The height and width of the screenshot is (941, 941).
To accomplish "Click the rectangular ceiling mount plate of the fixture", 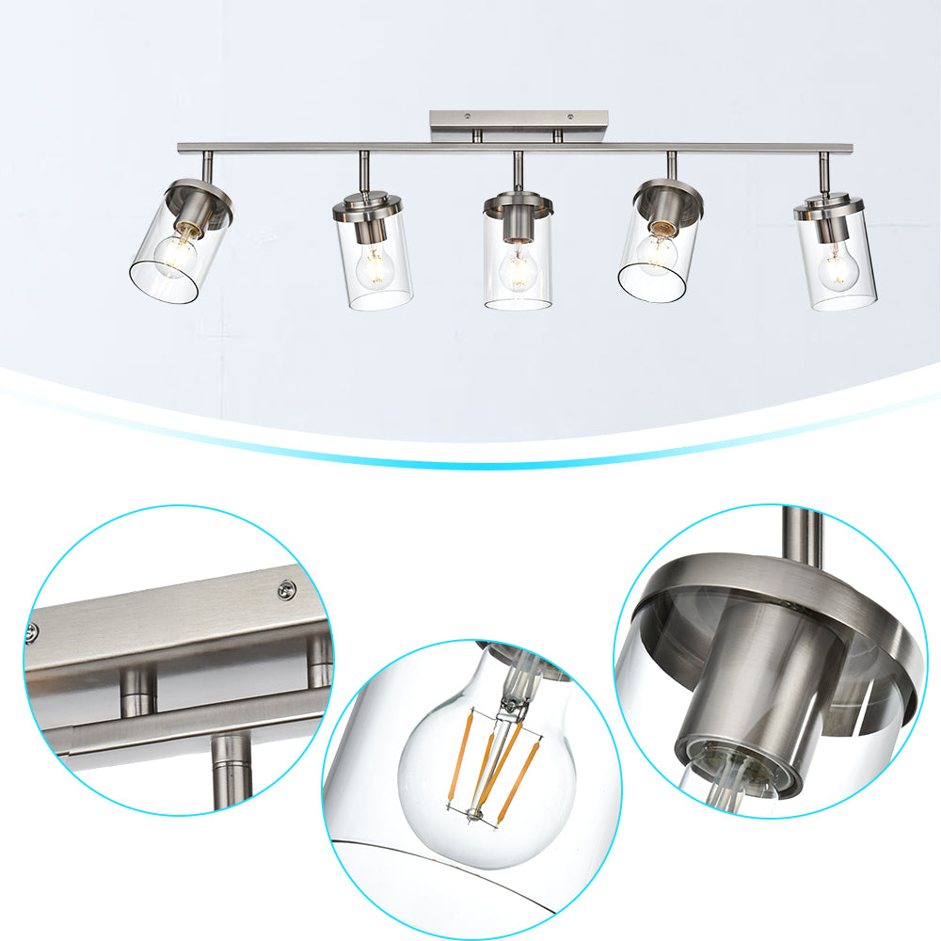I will (x=518, y=121).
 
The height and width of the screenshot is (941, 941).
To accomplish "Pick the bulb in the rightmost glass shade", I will (x=837, y=268).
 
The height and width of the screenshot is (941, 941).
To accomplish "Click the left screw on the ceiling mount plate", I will (x=467, y=117).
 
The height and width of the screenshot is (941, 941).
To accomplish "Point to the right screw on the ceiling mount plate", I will (x=570, y=117).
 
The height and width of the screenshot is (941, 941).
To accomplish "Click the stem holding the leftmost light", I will (x=207, y=167).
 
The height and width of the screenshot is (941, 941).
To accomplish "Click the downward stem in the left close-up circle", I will (x=229, y=772).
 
